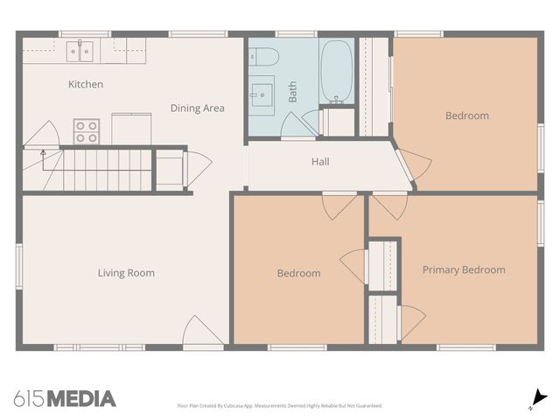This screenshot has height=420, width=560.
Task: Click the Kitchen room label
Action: (86, 84)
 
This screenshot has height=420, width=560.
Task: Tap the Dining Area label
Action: (198, 108)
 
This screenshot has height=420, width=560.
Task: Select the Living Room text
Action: (126, 273)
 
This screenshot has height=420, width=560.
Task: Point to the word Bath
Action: (292, 92)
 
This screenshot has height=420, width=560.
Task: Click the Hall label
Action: (320, 162)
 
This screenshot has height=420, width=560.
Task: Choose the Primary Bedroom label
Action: (464, 269)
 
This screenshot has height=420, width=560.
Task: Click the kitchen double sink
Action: (80, 51)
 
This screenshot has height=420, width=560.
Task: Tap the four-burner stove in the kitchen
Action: (87, 131)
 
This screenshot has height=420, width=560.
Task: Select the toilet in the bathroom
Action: (263, 57)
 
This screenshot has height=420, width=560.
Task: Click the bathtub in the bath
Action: (335, 72)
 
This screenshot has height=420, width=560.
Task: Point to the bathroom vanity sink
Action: (262, 95)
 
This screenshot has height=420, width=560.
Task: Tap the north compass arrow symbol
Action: (539, 399)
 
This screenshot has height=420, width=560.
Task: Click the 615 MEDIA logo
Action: (65, 399)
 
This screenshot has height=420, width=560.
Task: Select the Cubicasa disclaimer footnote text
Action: (280, 406)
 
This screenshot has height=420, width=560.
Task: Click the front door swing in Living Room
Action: (203, 330)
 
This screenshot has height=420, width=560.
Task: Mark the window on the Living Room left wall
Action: (19, 266)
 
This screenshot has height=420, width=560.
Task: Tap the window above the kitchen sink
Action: (85, 34)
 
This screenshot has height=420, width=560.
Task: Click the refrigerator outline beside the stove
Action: (131, 129)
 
